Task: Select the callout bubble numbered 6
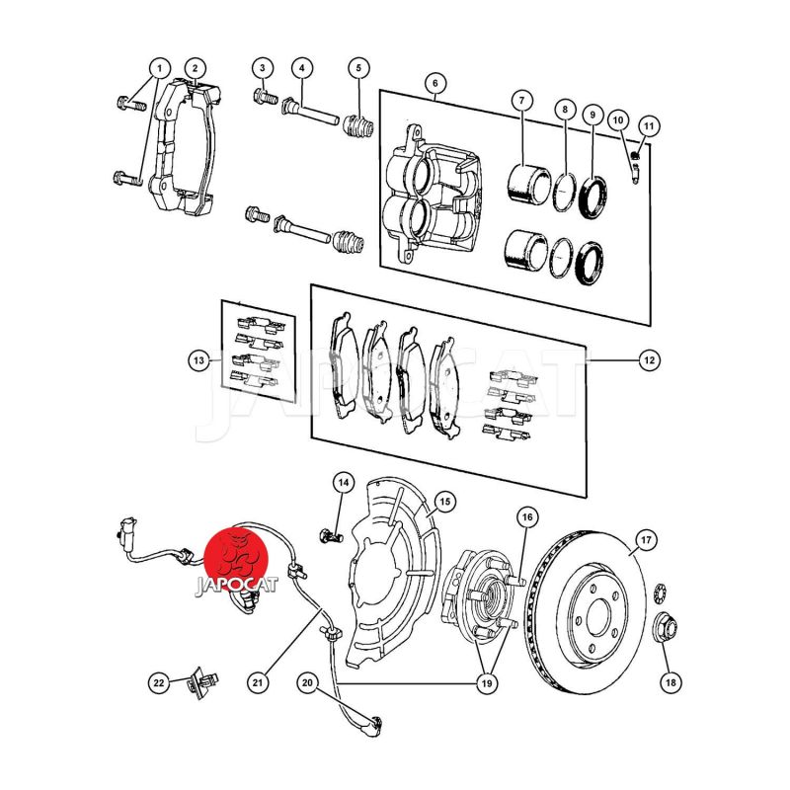433,83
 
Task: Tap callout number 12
649,361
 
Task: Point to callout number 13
200,361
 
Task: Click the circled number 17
645,540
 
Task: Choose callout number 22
159,680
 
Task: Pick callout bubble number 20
306,680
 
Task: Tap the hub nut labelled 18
667,627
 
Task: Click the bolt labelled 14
329,534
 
